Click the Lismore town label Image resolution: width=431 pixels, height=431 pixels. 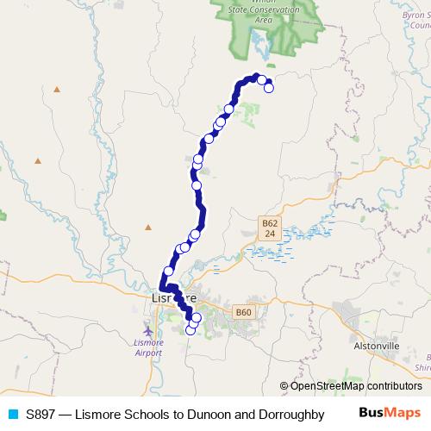pyautogui.click(x=173, y=297)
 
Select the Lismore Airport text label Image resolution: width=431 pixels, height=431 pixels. pyautogui.click(x=148, y=348)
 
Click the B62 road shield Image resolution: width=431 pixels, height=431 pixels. pyautogui.click(x=269, y=228)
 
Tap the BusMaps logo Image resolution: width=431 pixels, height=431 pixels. pyautogui.click(x=390, y=415)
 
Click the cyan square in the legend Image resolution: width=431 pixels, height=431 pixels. pyautogui.click(x=12, y=415)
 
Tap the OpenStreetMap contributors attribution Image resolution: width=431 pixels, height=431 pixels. pyautogui.click(x=350, y=386)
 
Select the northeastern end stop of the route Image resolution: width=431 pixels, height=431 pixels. pyautogui.click(x=268, y=87)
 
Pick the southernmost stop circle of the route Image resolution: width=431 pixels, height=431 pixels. pyautogui.click(x=191, y=330)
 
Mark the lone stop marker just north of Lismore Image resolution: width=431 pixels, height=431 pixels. pyautogui.click(x=169, y=271)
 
